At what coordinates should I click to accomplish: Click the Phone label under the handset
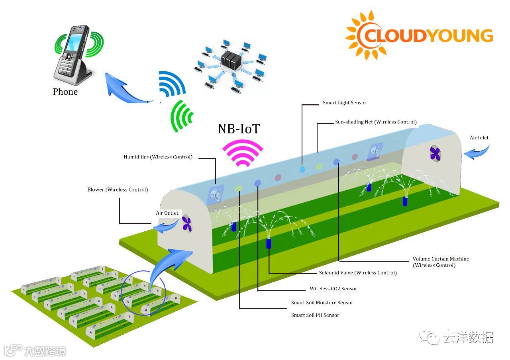tap(65, 92)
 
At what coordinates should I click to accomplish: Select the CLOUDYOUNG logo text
tap(428, 35)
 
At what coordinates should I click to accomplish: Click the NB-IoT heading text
tap(238, 128)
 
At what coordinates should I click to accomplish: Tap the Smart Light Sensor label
tap(344, 103)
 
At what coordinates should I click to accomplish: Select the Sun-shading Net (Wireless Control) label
tap(375, 122)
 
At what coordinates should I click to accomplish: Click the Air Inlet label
tap(479, 138)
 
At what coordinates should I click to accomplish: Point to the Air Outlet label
tap(167, 213)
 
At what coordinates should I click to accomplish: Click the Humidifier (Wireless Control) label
tap(158, 157)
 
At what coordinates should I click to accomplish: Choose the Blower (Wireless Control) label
tap(118, 190)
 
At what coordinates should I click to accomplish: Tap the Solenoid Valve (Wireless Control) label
tap(358, 273)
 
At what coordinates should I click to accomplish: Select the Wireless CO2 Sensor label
tap(333, 289)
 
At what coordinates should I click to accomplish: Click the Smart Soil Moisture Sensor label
tap(322, 303)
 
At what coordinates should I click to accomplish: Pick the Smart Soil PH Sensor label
tap(315, 315)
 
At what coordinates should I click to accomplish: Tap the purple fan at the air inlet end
tap(435, 153)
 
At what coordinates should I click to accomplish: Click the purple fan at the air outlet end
tap(187, 223)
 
